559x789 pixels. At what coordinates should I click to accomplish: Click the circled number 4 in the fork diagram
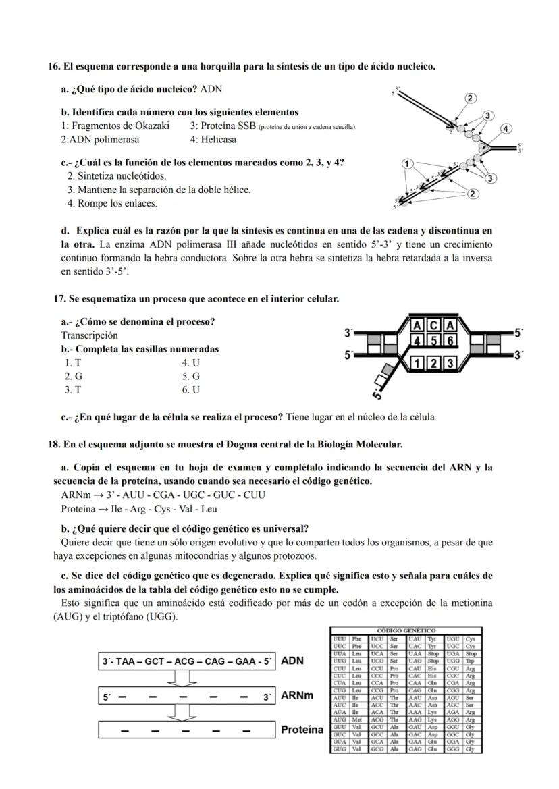click(x=506, y=128)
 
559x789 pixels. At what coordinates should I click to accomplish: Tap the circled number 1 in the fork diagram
click(x=406, y=163)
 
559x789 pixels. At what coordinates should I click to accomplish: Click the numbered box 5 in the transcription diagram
click(x=433, y=342)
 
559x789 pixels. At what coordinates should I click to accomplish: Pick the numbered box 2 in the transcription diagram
click(x=433, y=364)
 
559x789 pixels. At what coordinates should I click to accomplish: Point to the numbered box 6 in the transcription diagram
click(x=448, y=342)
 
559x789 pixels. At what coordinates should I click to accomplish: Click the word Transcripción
click(x=89, y=335)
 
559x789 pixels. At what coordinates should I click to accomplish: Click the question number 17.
click(x=59, y=298)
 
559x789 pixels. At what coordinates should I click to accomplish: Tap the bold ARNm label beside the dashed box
click(x=296, y=695)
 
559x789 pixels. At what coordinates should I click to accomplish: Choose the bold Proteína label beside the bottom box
click(x=302, y=730)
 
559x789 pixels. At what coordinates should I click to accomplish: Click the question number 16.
click(x=54, y=66)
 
